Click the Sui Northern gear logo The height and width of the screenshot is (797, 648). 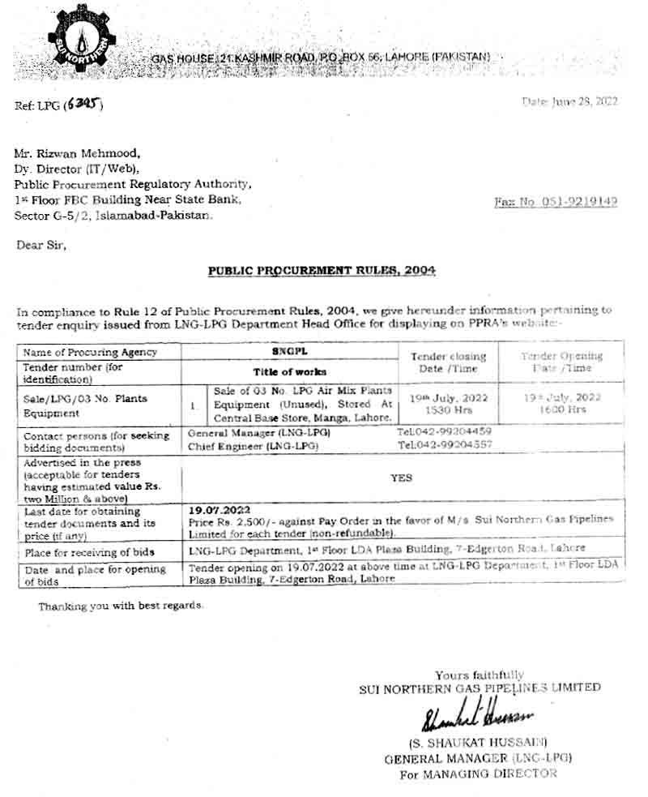coord(82,41)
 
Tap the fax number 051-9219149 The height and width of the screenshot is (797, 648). coord(556,202)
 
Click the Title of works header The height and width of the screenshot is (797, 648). coord(289,371)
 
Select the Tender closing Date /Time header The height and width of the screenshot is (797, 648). coord(448,362)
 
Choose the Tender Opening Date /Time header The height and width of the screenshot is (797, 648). coord(561,362)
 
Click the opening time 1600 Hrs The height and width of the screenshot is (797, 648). coord(561,411)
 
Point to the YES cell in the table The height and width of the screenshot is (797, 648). coord(402,478)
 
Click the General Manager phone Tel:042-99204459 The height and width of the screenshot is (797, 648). coord(445,431)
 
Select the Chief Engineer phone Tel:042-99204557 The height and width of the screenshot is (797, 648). coord(445,445)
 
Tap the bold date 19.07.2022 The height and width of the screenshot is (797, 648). coord(216,511)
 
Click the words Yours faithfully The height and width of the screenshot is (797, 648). coord(479,675)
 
